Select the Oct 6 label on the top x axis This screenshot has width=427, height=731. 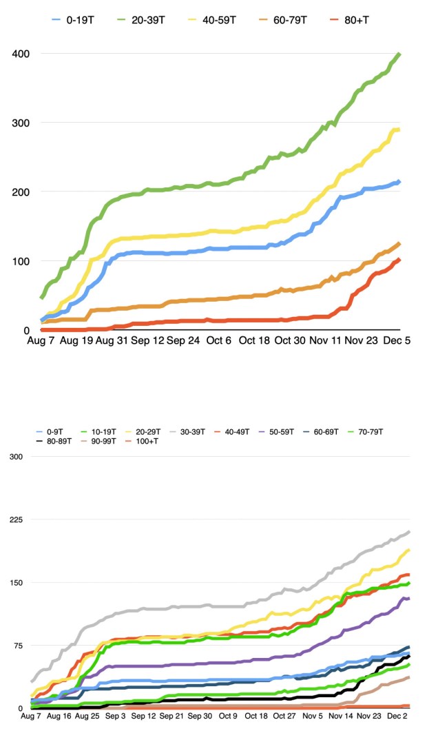[x=219, y=340]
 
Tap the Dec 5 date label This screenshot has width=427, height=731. [x=397, y=340]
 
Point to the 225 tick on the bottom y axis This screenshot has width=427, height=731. [x=14, y=520]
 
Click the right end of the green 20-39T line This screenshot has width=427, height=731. [x=400, y=54]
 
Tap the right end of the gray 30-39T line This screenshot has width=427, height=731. [x=410, y=531]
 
